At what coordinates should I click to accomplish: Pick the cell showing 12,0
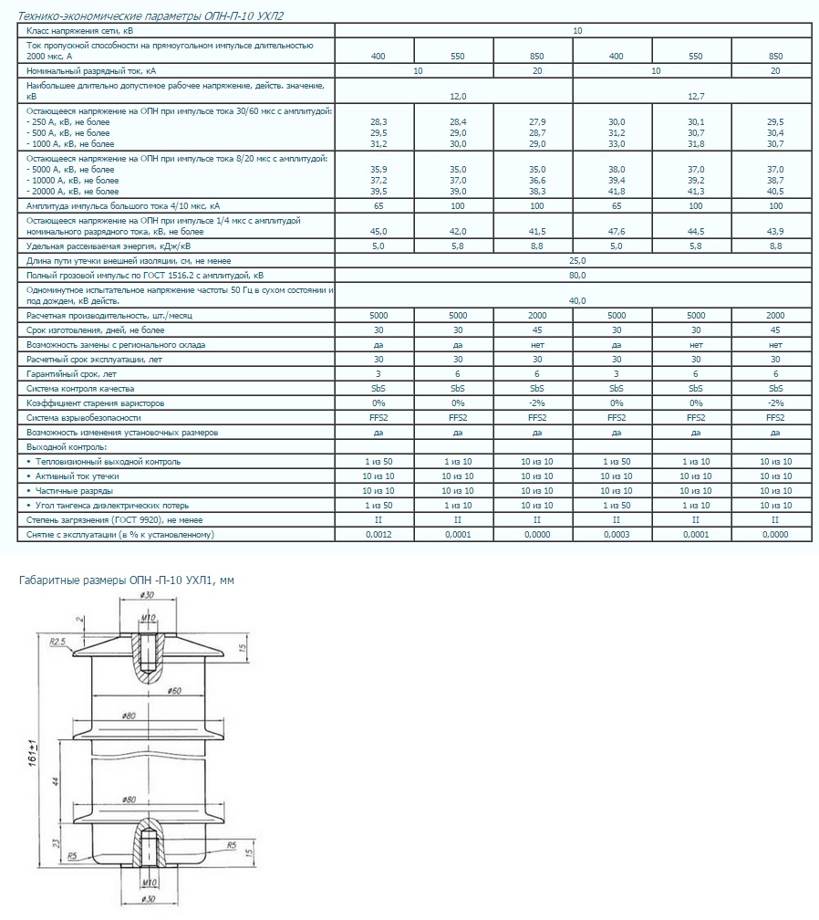(457, 95)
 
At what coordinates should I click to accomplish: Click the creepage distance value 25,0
(576, 261)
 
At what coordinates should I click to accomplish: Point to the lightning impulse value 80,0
(576, 274)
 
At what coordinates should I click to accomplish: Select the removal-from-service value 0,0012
(378, 534)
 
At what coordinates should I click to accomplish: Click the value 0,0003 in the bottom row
(616, 534)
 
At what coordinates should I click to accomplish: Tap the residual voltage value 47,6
(616, 231)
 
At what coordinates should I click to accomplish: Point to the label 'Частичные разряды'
(71, 490)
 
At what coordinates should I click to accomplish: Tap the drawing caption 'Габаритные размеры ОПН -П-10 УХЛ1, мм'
(127, 580)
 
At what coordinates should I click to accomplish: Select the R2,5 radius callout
(59, 642)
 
